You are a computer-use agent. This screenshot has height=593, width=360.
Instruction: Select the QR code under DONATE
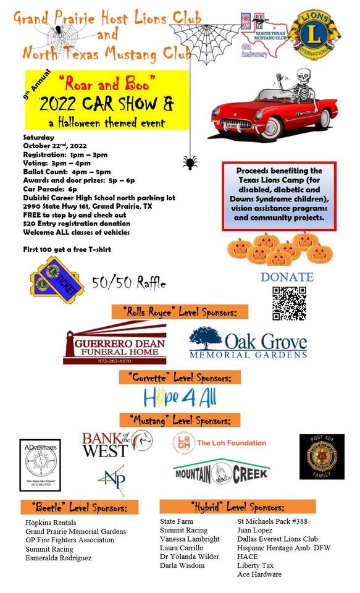tap(289, 303)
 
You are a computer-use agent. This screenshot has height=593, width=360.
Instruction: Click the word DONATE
tap(287, 277)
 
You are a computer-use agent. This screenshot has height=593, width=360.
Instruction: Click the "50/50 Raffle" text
tap(129, 283)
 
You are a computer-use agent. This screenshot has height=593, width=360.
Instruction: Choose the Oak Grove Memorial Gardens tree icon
tap(205, 340)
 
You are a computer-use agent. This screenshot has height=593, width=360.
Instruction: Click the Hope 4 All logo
tap(180, 397)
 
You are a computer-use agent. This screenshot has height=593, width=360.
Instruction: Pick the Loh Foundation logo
tap(219, 443)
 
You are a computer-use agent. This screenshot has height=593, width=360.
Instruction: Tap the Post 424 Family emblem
tap(322, 456)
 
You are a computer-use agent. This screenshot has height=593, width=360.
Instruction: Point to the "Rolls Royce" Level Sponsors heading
tap(180, 311)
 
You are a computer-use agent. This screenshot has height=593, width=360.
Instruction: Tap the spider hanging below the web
tap(190, 162)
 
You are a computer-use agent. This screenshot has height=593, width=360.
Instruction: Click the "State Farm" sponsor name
tap(176, 521)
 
